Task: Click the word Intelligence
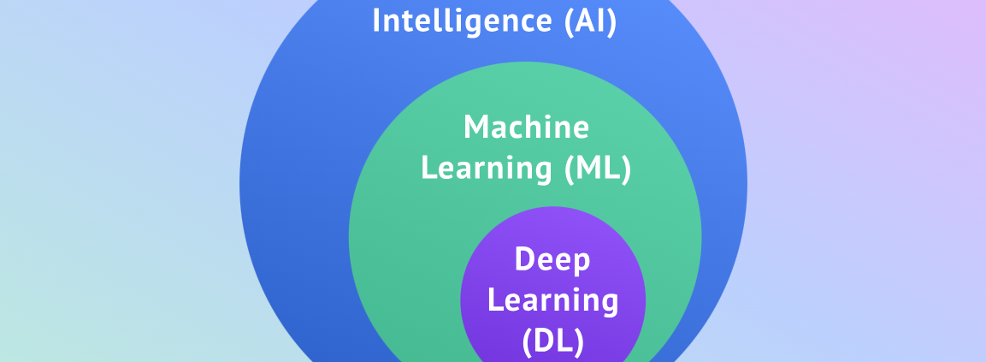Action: click(463, 21)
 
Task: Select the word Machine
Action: click(526, 128)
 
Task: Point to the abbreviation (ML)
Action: click(598, 169)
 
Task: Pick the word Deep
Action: click(552, 259)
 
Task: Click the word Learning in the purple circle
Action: click(552, 300)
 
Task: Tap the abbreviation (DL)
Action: click(552, 341)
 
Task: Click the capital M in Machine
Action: click(476, 128)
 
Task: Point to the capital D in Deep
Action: click(524, 258)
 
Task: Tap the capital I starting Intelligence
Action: click(376, 21)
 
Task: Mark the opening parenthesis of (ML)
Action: click(569, 169)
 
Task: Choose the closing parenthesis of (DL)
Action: click(579, 341)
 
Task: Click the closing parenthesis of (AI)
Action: click(611, 21)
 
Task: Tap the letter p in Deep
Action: click(581, 262)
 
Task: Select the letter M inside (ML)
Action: click(589, 169)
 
